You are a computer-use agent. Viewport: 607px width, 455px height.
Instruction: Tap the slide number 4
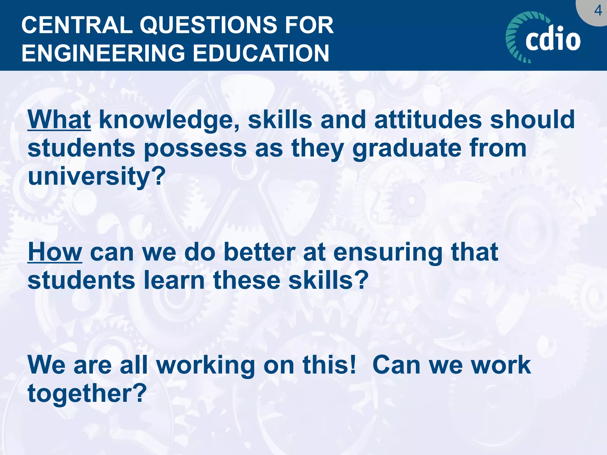[x=598, y=11]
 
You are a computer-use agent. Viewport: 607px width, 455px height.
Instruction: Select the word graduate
[x=406, y=148]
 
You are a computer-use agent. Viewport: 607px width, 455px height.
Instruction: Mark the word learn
[x=174, y=280]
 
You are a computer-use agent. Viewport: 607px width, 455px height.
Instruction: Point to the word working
[x=205, y=365]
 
